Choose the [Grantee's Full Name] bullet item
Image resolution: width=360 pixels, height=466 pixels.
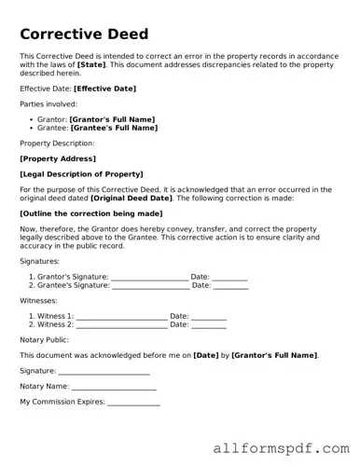click(x=114, y=128)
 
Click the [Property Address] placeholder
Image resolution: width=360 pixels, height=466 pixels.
click(x=58, y=158)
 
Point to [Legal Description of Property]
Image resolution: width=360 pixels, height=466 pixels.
click(x=81, y=174)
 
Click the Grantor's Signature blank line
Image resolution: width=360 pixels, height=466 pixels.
click(x=149, y=277)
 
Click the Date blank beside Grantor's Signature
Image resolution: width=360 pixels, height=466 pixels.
click(x=229, y=277)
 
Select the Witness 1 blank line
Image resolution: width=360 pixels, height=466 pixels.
click(x=121, y=316)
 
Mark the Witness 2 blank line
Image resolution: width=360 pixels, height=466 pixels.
click(x=121, y=324)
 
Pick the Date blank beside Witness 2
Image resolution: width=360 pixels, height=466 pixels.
click(x=208, y=324)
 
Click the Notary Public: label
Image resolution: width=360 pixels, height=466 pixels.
click(x=46, y=340)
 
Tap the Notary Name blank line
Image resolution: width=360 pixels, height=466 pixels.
click(x=114, y=387)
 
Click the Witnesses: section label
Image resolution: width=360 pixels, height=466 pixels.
click(x=38, y=301)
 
